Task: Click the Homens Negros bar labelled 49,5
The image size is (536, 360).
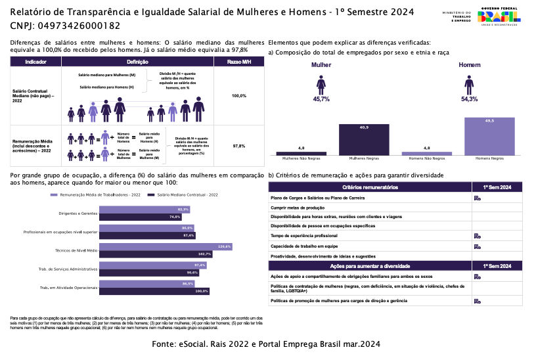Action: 489,135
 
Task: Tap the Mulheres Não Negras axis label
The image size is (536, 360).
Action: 301,158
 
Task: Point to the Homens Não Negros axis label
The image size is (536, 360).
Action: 426,158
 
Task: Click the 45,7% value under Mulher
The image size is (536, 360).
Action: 321,99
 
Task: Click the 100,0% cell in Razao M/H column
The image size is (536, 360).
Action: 239,96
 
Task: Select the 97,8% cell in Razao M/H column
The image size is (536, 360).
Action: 239,146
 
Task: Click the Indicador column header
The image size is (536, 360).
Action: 35,61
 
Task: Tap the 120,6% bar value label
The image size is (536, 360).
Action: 225,246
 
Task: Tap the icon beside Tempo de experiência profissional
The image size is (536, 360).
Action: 477,235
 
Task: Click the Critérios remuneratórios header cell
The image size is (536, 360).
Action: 370,187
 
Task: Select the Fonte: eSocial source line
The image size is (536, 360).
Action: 265,344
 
